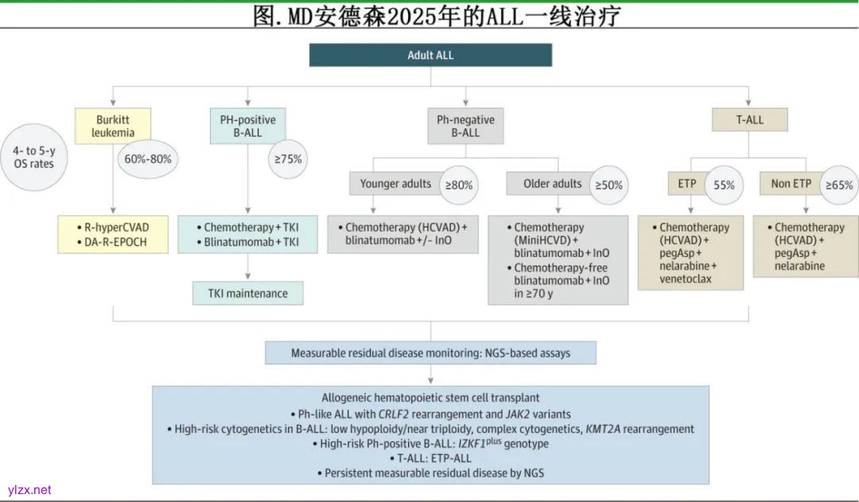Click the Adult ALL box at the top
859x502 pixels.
point(430,55)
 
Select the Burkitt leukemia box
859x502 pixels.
point(112,126)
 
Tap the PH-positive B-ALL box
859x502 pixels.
point(248,126)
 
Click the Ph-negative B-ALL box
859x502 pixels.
point(465,126)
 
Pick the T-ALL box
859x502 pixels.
point(748,120)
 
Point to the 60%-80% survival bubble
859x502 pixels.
point(148,158)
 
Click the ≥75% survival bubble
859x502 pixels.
point(288,158)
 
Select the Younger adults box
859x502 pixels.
point(395,184)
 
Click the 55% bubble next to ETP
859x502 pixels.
point(724,185)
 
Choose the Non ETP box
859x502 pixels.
point(791,184)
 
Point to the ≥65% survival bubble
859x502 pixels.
point(839,185)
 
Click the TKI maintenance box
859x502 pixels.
point(248,294)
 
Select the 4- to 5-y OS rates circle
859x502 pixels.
point(34,157)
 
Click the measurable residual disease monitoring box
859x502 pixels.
point(430,352)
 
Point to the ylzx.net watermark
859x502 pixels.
point(29,490)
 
